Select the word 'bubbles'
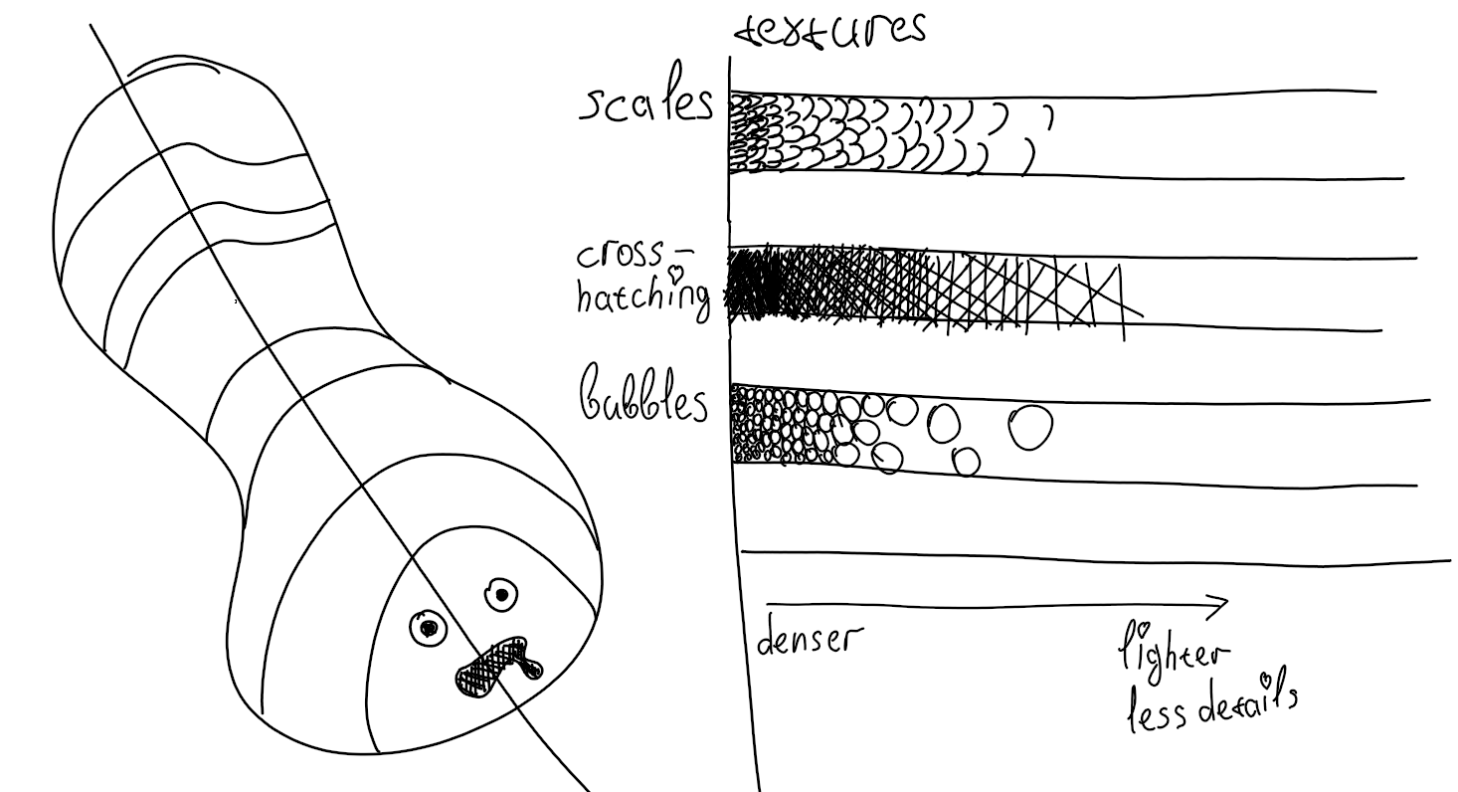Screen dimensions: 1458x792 643,393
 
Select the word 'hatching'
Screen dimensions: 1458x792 643,297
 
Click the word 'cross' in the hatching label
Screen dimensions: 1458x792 620,254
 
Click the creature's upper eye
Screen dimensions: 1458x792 501,595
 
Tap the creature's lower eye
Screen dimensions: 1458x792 429,628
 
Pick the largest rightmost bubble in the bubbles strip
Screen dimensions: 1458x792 1030,427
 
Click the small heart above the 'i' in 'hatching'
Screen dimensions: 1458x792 677,273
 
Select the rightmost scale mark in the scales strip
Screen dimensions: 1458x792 1049,116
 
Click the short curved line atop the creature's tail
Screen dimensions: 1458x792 172,64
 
